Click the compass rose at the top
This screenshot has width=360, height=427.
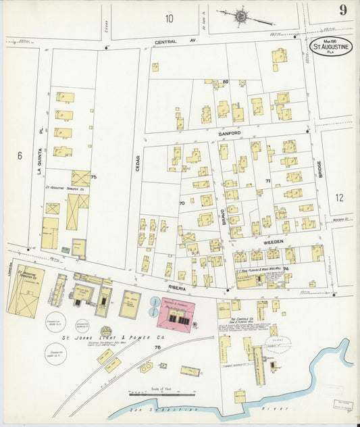pyautogui.click(x=240, y=14)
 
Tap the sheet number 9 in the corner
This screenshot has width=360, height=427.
pyautogui.click(x=343, y=9)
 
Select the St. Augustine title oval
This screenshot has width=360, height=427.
pyautogui.click(x=331, y=47)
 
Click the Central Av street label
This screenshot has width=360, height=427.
pyautogui.click(x=165, y=42)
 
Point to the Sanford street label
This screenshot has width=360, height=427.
pyautogui.click(x=229, y=134)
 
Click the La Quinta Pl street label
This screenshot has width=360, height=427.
pyautogui.click(x=39, y=141)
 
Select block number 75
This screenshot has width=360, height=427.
pyautogui.click(x=93, y=177)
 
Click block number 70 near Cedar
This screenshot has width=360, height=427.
pyautogui.click(x=182, y=203)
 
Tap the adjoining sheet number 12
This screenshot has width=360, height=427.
pyautogui.click(x=339, y=198)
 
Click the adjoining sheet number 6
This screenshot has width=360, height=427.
pyautogui.click(x=20, y=155)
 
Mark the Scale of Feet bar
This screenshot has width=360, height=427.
pyautogui.click(x=156, y=394)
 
